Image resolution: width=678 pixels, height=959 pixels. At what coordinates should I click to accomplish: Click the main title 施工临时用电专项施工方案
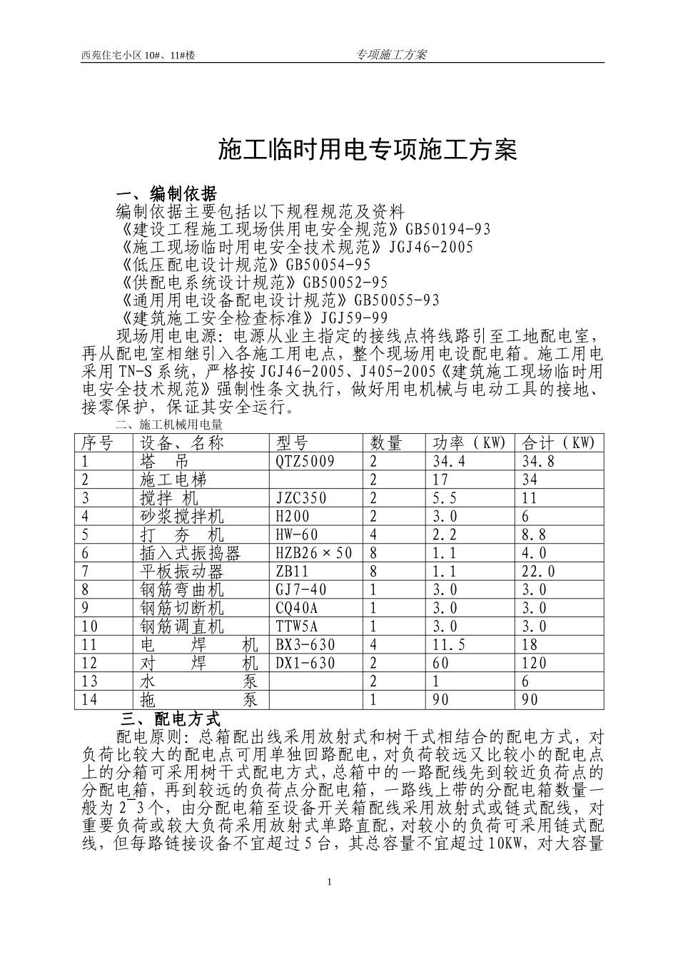point(365,149)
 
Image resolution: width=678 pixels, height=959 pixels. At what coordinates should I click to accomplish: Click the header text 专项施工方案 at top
point(390,54)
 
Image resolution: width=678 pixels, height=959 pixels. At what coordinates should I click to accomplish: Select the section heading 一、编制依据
point(166,193)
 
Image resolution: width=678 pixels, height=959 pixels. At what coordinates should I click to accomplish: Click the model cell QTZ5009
point(305,462)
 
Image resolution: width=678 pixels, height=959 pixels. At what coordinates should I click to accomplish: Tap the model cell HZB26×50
point(314,553)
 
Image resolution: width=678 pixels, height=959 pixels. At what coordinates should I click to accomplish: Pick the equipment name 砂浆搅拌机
point(182,517)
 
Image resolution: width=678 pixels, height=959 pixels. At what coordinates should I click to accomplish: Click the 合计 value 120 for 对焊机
point(535,663)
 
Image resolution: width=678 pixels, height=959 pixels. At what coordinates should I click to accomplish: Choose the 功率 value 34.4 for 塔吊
point(449,462)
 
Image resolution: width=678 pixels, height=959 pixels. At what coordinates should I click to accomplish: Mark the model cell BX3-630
point(305,644)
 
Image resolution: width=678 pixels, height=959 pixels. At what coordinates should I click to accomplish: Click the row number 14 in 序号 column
point(90,699)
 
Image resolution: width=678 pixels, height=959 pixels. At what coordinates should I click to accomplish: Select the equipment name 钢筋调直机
point(182,626)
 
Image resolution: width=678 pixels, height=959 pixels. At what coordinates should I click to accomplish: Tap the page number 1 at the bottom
point(329,883)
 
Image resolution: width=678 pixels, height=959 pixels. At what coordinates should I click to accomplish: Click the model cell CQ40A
point(297,608)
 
